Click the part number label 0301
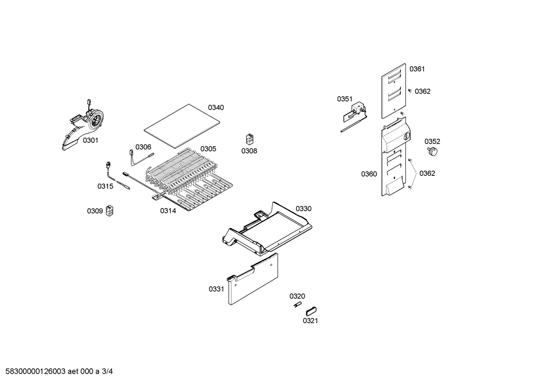tap(90, 140)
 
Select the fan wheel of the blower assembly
tap(96, 121)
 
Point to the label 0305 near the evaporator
tap(208, 149)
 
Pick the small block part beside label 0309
tap(110, 211)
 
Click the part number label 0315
tap(105, 186)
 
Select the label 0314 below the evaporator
tap(168, 211)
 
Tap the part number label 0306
tap(143, 147)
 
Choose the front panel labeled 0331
tap(252, 279)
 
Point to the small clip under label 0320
tap(297, 304)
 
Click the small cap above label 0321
tap(311, 311)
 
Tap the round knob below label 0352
tap(433, 151)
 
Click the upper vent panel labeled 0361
tap(394, 91)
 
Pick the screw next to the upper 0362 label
tap(410, 91)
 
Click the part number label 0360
tap(369, 174)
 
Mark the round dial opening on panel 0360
tap(407, 136)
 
